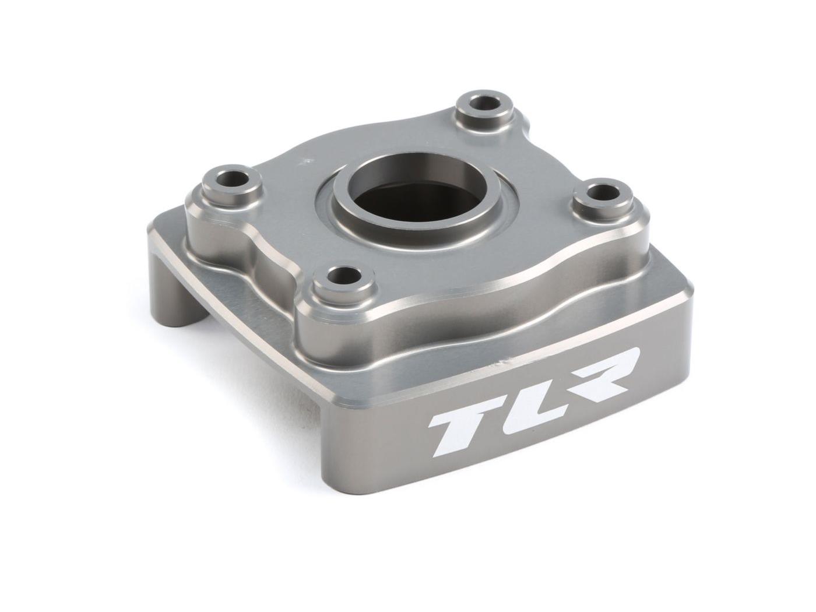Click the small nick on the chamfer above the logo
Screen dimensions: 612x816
tap(497, 365)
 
